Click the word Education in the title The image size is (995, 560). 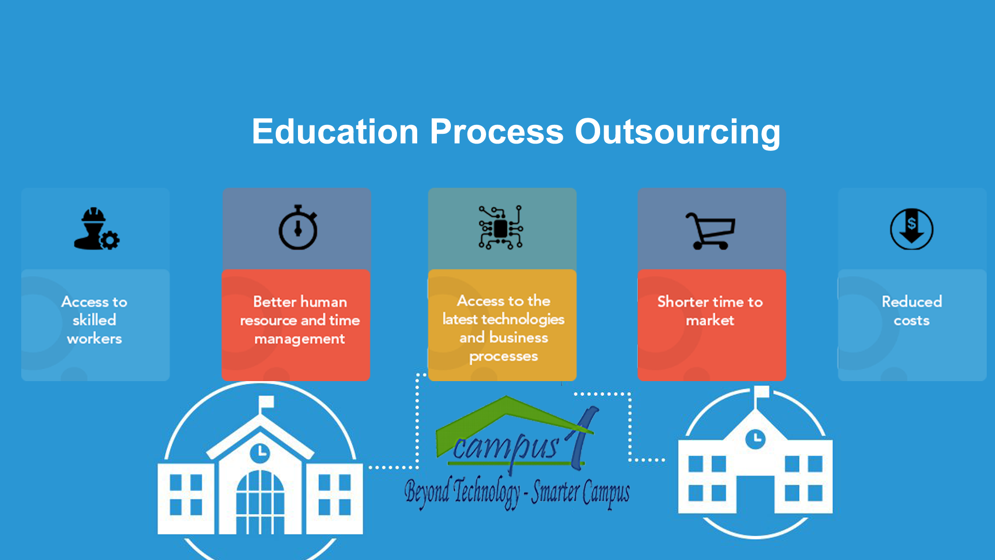[335, 131]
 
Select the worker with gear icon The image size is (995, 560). [96, 229]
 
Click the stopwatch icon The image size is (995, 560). [298, 227]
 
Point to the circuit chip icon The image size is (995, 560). [501, 228]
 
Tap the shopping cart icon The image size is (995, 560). [710, 231]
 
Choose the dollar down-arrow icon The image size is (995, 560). [912, 229]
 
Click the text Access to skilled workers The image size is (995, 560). [94, 320]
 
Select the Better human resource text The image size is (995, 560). [300, 311]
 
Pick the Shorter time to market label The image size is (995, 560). [710, 311]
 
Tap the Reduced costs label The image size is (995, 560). [912, 311]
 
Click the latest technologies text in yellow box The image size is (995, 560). [503, 319]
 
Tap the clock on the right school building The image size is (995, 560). [756, 439]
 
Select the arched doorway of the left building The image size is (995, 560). [260, 502]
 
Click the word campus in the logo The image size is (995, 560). [506, 447]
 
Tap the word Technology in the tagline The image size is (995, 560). [487, 492]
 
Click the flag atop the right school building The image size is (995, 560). [762, 391]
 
